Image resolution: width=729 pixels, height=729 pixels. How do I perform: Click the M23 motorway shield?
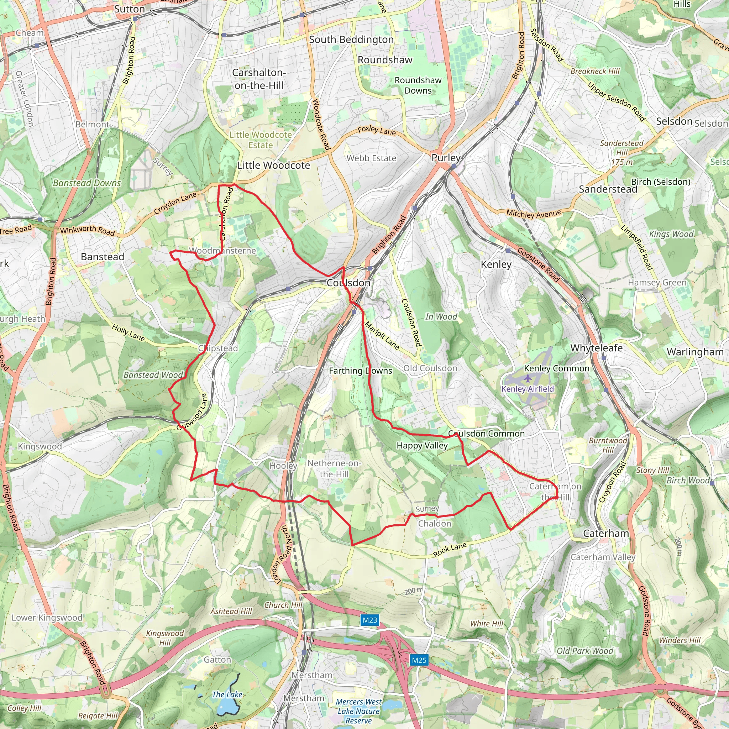coord(369,620)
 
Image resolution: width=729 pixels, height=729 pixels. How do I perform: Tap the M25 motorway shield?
coord(419,660)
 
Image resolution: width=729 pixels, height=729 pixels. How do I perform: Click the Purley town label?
coord(446,158)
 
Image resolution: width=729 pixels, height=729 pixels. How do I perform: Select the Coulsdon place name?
coord(348,283)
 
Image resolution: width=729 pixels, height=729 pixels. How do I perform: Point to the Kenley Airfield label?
coord(528,389)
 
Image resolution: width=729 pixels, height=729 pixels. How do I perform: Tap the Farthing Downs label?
coord(360,371)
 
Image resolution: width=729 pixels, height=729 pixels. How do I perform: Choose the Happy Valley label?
coord(422,445)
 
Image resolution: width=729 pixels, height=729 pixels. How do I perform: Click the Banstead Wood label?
coord(153,375)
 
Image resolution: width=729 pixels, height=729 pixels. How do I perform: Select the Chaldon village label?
coord(434,523)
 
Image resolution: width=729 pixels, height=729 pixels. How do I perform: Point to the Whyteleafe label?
coord(596,347)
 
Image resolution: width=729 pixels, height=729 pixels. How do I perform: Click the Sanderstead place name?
coord(608,189)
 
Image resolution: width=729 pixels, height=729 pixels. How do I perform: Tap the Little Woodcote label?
coord(274,165)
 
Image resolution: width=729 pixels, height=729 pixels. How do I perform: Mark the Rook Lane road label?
coord(450,550)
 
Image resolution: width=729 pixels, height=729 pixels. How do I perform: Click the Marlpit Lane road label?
coord(382,335)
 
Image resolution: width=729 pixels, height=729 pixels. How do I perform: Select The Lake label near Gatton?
coord(227,694)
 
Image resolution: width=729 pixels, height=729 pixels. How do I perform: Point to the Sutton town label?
coord(130,9)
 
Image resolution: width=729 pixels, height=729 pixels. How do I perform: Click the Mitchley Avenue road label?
coord(534,214)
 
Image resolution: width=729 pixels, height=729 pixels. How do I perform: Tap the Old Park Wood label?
coord(585,651)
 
